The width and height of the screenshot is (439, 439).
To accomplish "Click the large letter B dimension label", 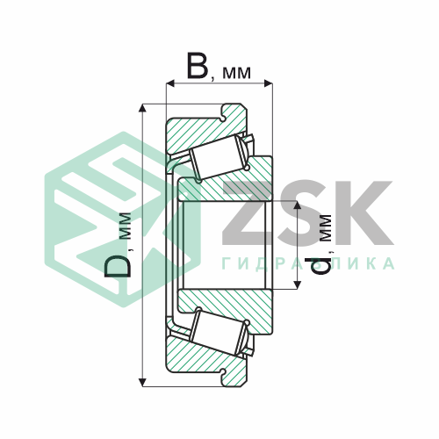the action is (198, 66).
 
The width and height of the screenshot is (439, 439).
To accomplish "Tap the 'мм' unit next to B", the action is (236, 73).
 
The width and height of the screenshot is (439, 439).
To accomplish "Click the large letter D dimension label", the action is (118, 266).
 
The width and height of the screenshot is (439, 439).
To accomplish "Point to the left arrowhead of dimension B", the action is (170, 83).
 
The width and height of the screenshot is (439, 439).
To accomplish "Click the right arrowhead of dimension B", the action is (268, 83).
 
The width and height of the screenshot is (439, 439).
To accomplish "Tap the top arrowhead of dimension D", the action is (142, 108).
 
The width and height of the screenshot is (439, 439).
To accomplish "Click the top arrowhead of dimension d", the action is (297, 205).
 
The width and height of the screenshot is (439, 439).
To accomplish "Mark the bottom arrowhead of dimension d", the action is (297, 284).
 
